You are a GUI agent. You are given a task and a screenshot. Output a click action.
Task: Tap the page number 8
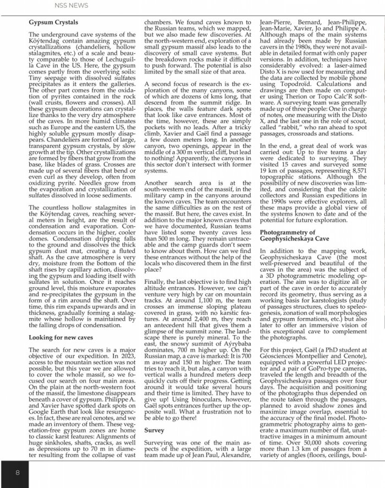click(18, 473)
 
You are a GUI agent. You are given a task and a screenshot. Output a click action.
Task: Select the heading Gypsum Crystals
click(54, 23)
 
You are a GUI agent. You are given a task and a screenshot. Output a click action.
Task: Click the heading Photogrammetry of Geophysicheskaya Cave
click(295, 237)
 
